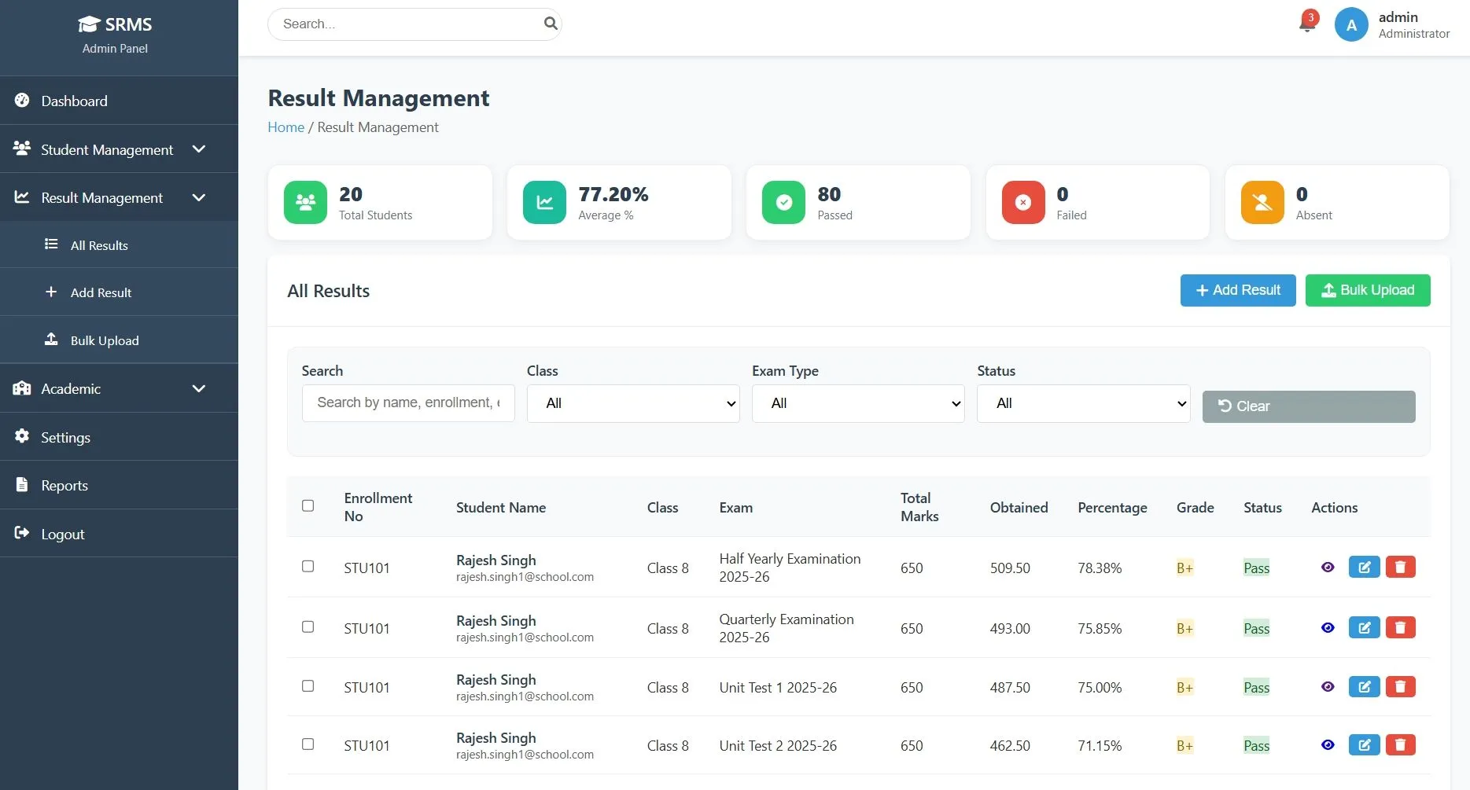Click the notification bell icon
(1307, 24)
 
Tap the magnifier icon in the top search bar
(551, 24)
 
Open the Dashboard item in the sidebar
(74, 101)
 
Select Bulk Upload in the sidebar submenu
(104, 340)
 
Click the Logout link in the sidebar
(62, 534)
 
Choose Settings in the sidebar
(65, 437)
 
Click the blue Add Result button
(1237, 290)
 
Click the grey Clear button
(1308, 406)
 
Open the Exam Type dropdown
(857, 403)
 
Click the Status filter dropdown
(1083, 403)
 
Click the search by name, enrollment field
(408, 402)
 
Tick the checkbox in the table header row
(308, 505)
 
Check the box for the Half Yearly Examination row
(308, 566)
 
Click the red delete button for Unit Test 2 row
(1400, 744)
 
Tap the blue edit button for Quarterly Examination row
(1364, 627)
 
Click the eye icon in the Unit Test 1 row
(1328, 686)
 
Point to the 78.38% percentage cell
(1100, 568)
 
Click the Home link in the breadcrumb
(286, 127)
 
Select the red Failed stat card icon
(1022, 202)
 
